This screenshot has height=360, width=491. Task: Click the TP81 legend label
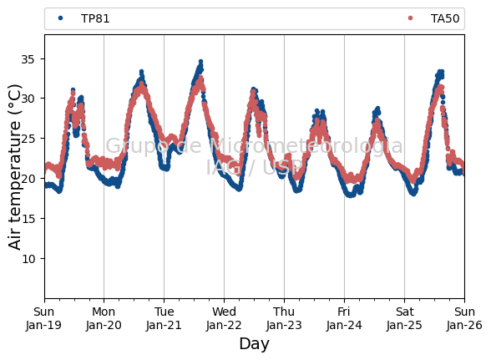coord(95,18)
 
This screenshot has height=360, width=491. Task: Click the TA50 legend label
coord(445,18)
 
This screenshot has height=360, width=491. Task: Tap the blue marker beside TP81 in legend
coord(60,18)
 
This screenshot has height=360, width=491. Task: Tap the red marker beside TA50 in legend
coord(410,18)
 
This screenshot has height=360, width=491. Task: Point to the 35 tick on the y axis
coord(28,59)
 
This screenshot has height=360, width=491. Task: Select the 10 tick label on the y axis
coord(28,259)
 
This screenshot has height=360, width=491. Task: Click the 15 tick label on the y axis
coord(28,219)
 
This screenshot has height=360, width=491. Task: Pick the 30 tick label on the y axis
coord(28,99)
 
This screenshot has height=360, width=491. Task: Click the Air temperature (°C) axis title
coord(14,167)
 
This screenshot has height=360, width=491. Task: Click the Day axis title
coord(254,344)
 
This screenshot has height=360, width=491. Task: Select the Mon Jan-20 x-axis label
coord(104,318)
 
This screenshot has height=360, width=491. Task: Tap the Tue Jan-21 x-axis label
coord(164,318)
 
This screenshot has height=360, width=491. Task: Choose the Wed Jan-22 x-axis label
coord(224,318)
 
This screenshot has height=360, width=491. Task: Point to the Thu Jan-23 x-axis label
coord(284,318)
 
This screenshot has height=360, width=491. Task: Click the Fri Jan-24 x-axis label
coord(344,318)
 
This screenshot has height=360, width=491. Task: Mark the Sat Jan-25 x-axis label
coord(404,318)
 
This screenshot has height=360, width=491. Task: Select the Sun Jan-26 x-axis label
coord(464,318)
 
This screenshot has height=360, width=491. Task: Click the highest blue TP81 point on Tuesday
coord(200,62)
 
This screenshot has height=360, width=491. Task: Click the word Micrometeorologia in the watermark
coord(306,146)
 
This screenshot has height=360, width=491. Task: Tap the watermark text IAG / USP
coord(254,167)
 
